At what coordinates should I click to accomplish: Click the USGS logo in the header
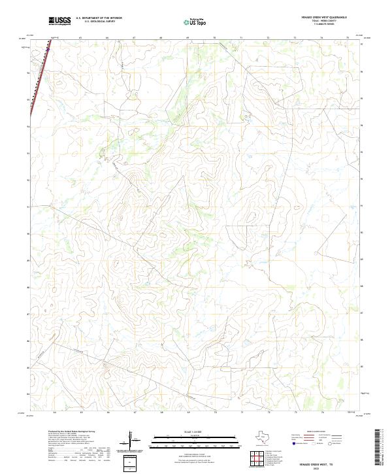tap(59, 22)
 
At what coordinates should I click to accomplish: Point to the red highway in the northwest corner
tap(37, 78)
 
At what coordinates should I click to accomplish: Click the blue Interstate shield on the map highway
tap(48, 48)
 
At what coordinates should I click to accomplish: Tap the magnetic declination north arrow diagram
tap(132, 443)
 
